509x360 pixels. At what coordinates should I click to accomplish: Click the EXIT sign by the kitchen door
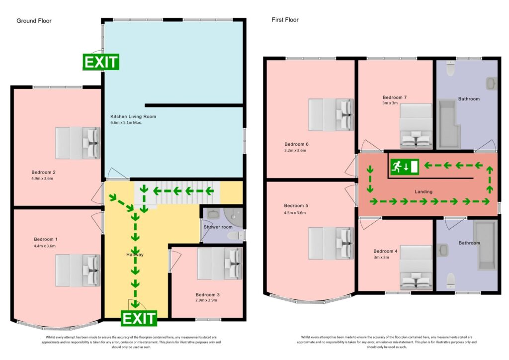point(101,62)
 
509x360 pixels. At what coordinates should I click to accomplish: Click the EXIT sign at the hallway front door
point(139,318)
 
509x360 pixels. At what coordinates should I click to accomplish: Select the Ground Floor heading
point(34,21)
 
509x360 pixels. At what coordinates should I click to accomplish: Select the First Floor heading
point(285,20)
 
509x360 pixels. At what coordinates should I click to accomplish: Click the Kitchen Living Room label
point(133,116)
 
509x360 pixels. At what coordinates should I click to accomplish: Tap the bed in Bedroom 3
point(219,264)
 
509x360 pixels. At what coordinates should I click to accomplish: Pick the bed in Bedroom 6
point(331,115)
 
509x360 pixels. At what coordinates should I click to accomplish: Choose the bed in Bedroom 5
point(331,243)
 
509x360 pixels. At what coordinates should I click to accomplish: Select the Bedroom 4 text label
point(385,251)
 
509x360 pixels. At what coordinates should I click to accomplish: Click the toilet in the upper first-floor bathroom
point(451,69)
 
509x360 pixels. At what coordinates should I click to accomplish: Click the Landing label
point(424,191)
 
